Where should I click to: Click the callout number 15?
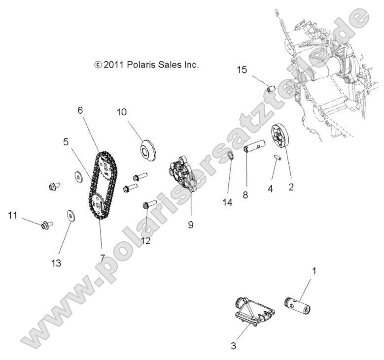coord(242,69)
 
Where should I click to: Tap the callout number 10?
coord(121,112)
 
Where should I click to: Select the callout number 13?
coord(56,263)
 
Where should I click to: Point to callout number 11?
coord(13,214)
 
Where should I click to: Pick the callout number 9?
coord(190,225)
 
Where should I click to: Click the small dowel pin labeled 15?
coord(270,89)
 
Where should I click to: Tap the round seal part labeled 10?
coord(147,150)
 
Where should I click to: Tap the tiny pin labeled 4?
coord(278,158)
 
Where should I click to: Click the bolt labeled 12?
coord(149,204)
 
